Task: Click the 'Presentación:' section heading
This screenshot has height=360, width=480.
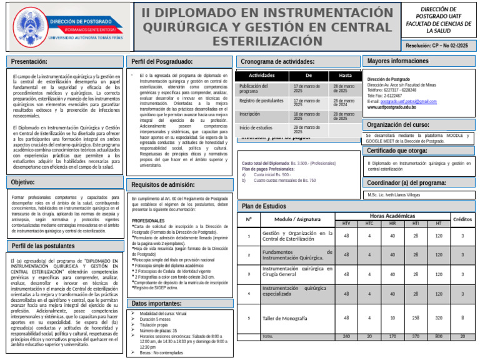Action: tap(30, 61)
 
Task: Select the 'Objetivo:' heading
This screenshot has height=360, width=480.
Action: tap(23, 182)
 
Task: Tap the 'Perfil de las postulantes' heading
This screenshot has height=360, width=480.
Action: tap(43, 246)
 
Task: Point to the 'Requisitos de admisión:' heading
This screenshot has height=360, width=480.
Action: tap(163, 184)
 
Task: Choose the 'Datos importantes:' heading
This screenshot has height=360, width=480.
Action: tap(156, 304)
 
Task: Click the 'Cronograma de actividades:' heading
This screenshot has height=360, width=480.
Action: tap(277, 62)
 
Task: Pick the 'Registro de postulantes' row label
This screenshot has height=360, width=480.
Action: tap(261, 101)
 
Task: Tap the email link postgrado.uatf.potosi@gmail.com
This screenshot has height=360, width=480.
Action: tap(411, 101)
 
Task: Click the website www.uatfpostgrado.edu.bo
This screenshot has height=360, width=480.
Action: tap(392, 107)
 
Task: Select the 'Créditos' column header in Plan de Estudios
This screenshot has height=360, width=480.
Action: tap(462, 219)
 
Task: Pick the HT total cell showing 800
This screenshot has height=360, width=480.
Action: tap(439, 336)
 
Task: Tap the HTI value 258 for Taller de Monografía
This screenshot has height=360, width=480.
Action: tap(416, 318)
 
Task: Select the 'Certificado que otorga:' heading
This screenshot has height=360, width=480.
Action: tap(397, 151)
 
